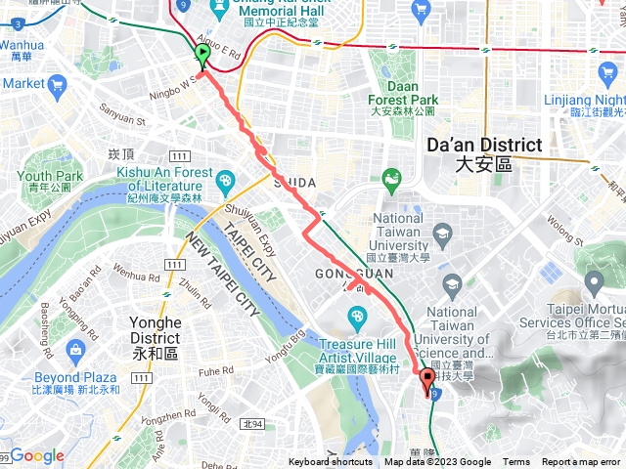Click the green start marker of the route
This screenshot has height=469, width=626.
tap(202, 54)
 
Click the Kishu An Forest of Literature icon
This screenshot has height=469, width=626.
tap(226, 180)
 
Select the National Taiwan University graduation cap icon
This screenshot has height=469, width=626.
tap(443, 233)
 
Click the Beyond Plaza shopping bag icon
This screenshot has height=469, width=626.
tap(76, 349)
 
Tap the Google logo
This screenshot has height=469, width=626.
tap(36, 455)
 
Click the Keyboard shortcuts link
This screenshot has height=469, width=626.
tap(330, 462)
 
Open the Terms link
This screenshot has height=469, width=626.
tap(516, 462)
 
